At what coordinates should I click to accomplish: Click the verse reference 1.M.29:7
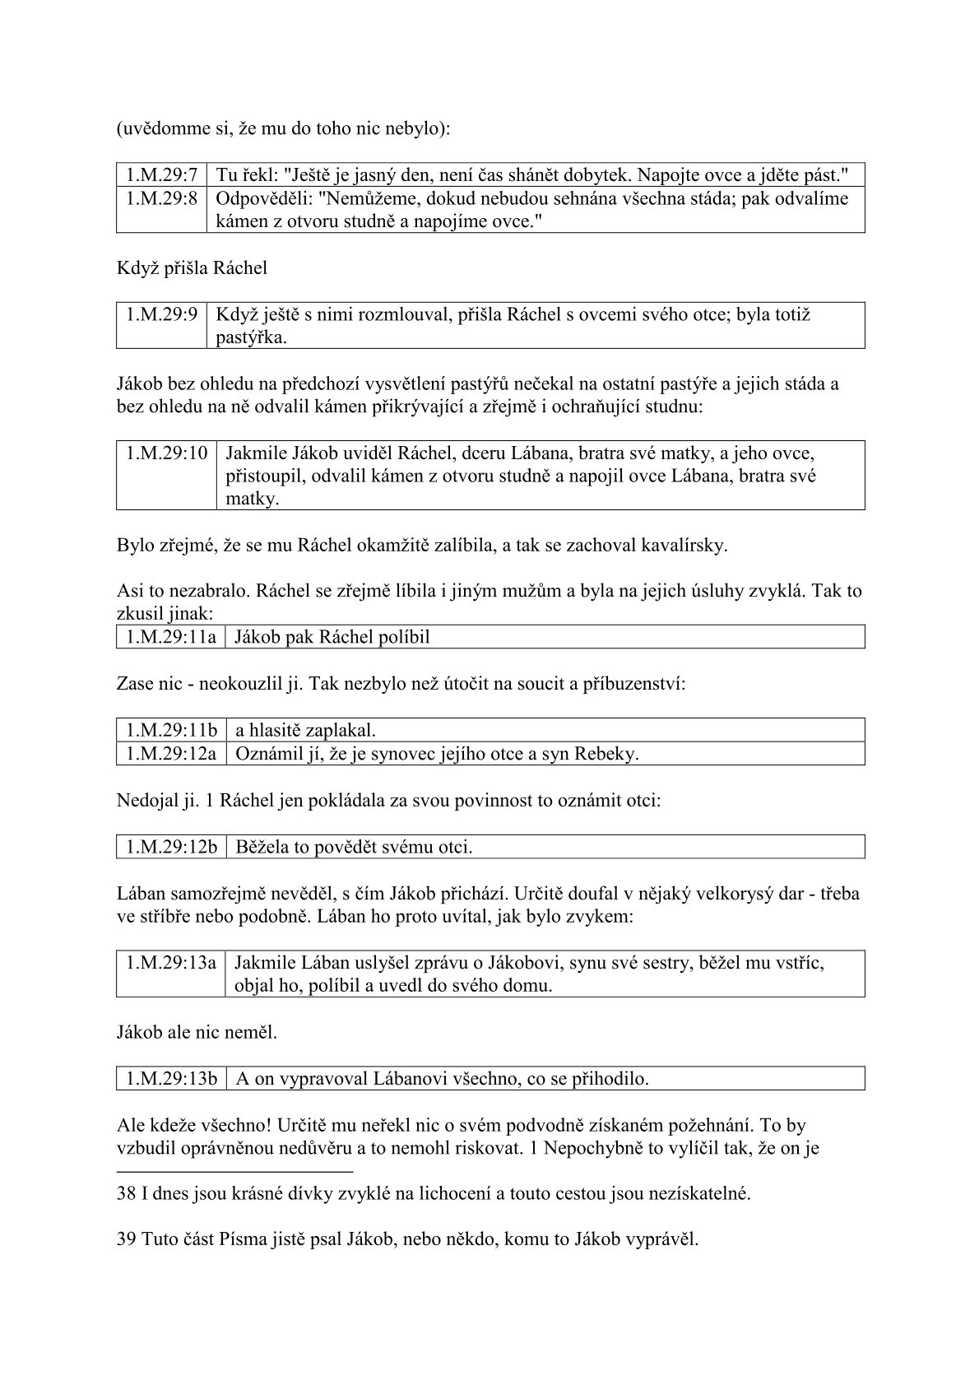pos(161,174)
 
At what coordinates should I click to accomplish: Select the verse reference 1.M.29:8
pos(161,198)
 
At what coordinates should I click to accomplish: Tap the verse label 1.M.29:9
pos(161,314)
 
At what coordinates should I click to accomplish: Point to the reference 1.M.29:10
pos(166,453)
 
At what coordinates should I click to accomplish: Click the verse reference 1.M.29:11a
pos(170,637)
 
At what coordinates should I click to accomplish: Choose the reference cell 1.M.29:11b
pos(171,730)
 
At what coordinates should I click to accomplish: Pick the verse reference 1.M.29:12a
pos(171,753)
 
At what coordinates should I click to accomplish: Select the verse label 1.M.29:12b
pos(171,846)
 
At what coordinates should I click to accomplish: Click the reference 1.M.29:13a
pos(171,962)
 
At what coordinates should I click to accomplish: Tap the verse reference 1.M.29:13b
pos(171,1078)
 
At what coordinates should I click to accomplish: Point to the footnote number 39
pos(127,1239)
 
